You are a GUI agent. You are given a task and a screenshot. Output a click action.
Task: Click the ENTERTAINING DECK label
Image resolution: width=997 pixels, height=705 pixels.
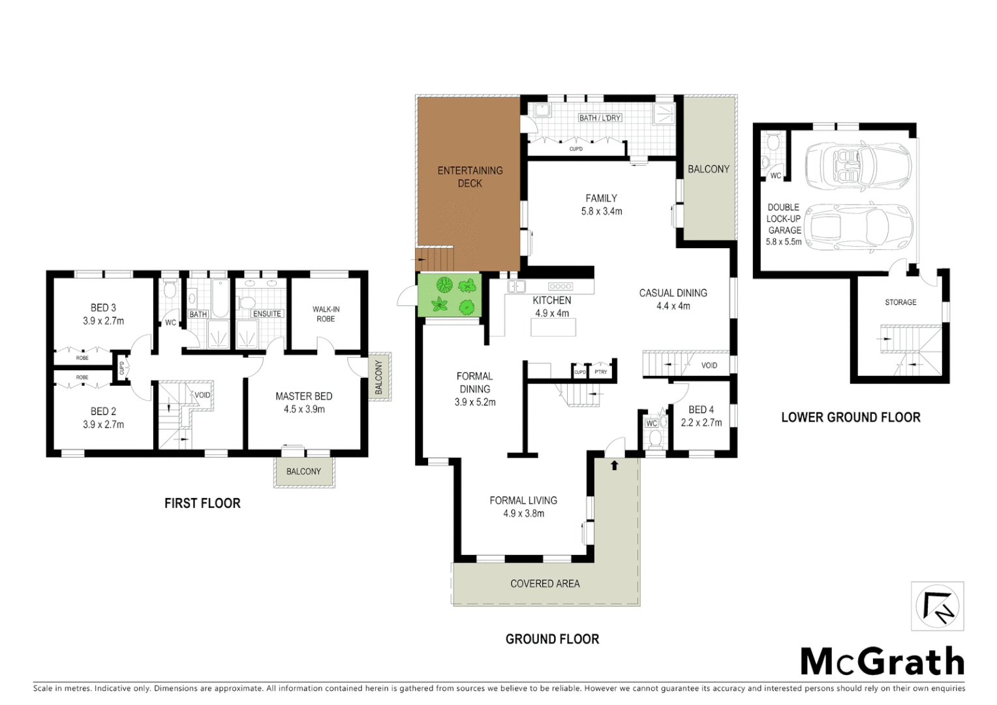(x=470, y=177)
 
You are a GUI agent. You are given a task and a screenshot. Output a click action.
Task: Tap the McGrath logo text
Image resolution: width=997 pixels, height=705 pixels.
(x=882, y=662)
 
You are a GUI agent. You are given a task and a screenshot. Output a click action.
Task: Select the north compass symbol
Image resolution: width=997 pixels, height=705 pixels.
(x=937, y=606)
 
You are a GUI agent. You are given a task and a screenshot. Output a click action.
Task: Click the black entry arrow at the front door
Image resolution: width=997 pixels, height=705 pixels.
(x=614, y=465)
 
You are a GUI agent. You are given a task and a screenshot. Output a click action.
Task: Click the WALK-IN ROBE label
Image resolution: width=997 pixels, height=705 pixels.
(x=326, y=314)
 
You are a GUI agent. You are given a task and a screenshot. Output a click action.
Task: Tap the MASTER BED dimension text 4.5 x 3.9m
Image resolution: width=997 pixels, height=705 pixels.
(x=304, y=409)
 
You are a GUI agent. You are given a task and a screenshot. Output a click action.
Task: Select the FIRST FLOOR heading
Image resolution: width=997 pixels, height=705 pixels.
(x=202, y=503)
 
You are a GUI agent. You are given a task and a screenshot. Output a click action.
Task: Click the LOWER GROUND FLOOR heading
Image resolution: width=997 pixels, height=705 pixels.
(x=850, y=418)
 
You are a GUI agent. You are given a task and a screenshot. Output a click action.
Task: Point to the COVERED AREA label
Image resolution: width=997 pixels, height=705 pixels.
(x=545, y=584)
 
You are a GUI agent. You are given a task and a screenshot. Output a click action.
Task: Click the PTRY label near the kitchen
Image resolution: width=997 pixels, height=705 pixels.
(x=601, y=372)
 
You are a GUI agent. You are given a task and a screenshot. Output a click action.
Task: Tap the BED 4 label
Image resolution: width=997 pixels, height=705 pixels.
(x=701, y=410)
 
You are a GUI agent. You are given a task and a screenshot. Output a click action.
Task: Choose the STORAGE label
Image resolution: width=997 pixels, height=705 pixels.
(x=900, y=302)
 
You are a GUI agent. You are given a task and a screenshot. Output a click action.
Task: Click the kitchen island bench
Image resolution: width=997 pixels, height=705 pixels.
(x=553, y=328)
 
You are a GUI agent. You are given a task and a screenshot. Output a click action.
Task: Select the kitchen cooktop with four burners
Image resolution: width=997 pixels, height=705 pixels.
(x=560, y=287)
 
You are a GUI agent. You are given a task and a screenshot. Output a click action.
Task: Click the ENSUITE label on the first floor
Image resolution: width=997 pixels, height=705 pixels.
(x=267, y=314)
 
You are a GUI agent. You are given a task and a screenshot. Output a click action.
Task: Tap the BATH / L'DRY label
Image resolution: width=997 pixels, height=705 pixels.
(x=600, y=118)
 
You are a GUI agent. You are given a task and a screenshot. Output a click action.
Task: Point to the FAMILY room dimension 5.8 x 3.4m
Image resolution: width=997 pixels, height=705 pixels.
(x=602, y=211)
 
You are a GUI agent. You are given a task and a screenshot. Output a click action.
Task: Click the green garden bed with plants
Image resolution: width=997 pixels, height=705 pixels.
(x=450, y=296)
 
